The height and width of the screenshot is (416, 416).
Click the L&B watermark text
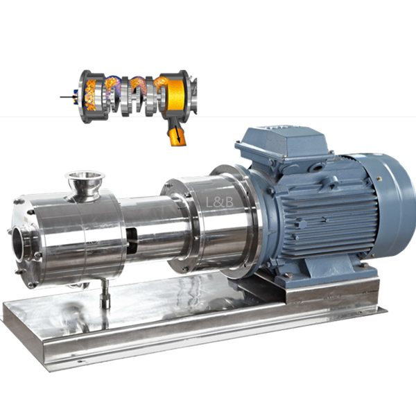pos(220,202)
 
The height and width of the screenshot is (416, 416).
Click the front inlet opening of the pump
pos(19,244)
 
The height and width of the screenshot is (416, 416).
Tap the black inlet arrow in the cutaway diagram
pos(69,97)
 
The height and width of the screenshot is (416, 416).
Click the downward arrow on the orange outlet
pos(178,135)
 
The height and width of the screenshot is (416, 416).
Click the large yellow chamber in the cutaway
pos(175,96)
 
